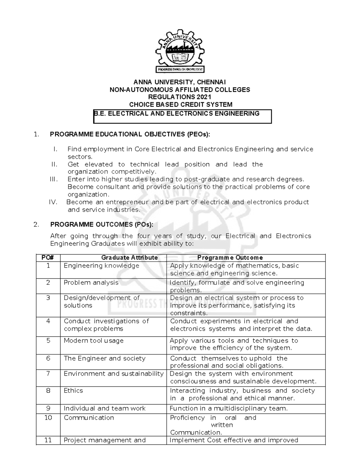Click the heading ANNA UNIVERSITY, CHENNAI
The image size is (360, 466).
(180, 82)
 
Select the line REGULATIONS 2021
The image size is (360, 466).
(180, 97)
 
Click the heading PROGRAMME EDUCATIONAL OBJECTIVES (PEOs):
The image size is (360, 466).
(130, 134)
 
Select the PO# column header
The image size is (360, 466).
(48, 258)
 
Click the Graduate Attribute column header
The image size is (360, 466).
(129, 258)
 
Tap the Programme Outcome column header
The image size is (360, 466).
(230, 258)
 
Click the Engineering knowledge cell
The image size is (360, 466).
(101, 266)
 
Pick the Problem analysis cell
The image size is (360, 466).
(91, 283)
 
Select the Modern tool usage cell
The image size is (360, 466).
(94, 341)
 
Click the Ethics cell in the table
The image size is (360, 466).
(73, 391)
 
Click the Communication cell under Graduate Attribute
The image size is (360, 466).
(89, 418)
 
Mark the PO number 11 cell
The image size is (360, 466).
(48, 440)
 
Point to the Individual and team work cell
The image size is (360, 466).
(104, 408)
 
